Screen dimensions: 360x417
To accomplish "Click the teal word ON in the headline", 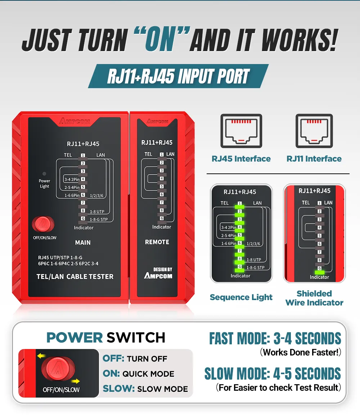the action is [x=160, y=40].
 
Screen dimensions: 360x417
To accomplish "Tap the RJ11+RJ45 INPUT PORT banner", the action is [x=178, y=76].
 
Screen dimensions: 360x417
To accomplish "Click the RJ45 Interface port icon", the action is [x=241, y=131].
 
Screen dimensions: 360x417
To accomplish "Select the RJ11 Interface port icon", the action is [x=314, y=131].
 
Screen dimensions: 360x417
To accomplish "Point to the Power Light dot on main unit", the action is [x=44, y=174].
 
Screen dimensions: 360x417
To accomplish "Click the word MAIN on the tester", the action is [x=83, y=243].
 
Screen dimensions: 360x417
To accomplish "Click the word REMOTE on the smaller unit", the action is [x=157, y=242].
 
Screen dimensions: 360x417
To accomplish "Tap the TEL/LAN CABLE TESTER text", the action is [x=75, y=277].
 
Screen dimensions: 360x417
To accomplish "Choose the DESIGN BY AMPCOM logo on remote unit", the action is [x=158, y=273].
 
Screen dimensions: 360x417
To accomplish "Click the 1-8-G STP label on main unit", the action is [x=99, y=219].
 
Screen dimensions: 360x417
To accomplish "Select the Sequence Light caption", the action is [x=241, y=297].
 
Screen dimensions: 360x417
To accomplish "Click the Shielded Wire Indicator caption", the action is [x=314, y=298].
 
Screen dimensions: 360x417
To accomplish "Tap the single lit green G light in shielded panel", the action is [x=320, y=272].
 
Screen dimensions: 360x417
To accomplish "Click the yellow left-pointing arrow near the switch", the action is [x=41, y=356].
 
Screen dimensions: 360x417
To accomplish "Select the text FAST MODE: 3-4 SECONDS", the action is [x=275, y=338].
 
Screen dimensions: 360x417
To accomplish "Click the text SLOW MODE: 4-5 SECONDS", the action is [x=273, y=373].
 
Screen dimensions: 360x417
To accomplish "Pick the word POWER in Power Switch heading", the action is [x=75, y=338].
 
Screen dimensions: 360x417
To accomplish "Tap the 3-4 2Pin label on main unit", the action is [x=72, y=180].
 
